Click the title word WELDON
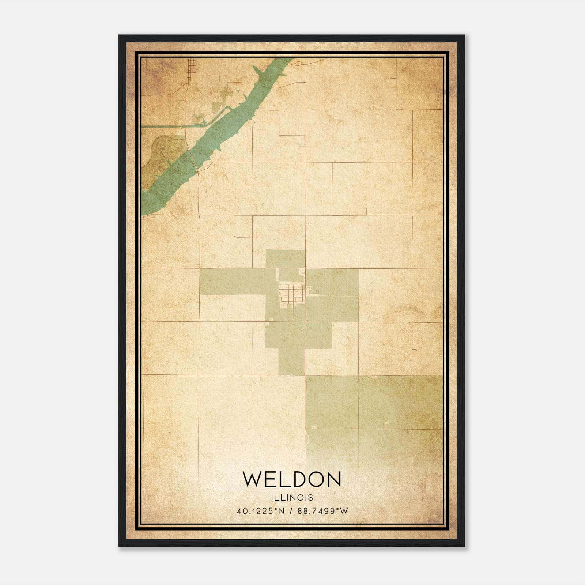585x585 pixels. tap(292, 479)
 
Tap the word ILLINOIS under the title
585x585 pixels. tap(292, 498)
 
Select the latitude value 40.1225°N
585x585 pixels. tap(260, 511)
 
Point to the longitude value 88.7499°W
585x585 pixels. tap(323, 511)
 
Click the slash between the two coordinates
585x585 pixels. tap(291, 511)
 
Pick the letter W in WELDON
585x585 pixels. tap(252, 479)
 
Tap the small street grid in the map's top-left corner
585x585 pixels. tap(192, 68)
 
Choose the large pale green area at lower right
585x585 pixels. tap(373, 402)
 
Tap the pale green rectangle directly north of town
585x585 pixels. tap(285, 259)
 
